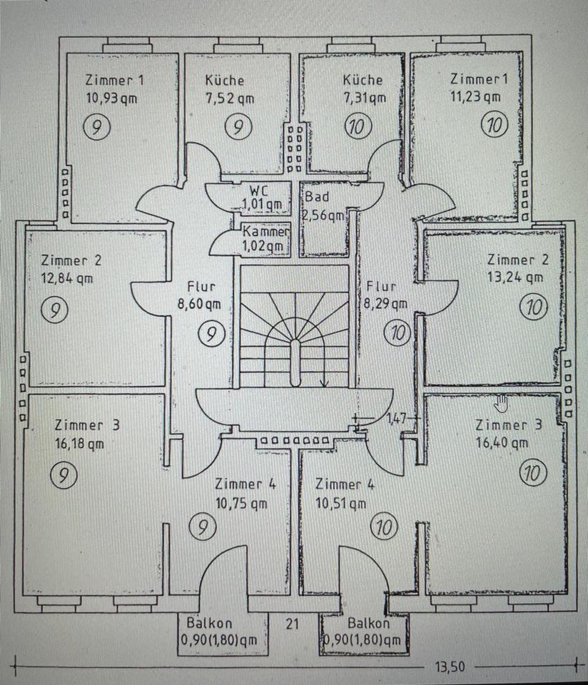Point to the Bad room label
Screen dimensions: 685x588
(317, 197)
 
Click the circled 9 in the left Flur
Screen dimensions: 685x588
(208, 333)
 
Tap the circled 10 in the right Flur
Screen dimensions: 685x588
(397, 332)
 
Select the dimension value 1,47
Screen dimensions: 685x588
(395, 419)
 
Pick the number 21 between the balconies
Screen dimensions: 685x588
(292, 624)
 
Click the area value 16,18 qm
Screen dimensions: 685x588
(79, 443)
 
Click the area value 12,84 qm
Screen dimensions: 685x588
(66, 278)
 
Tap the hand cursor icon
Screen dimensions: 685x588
(502, 403)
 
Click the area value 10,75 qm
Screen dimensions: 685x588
(241, 502)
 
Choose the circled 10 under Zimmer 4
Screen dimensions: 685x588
(383, 528)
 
